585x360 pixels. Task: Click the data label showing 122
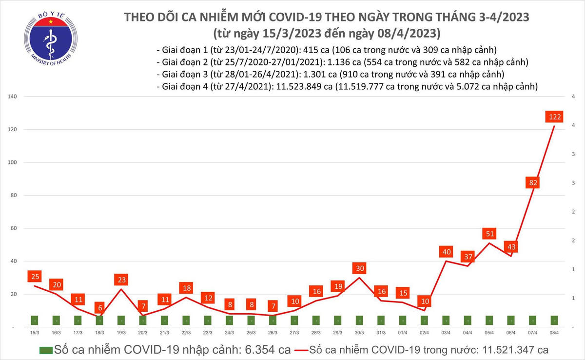coord(554,117)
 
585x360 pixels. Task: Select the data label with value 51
coord(489,234)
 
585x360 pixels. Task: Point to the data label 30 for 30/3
coord(359,268)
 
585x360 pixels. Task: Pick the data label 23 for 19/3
coord(121,280)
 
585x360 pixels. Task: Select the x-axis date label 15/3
coord(35,332)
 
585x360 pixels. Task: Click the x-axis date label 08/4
coord(554,332)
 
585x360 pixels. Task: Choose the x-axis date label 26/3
coord(273,332)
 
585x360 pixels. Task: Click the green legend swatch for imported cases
coord(46,350)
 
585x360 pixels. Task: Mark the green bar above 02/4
coord(424,320)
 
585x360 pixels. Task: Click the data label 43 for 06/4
coord(511,247)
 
